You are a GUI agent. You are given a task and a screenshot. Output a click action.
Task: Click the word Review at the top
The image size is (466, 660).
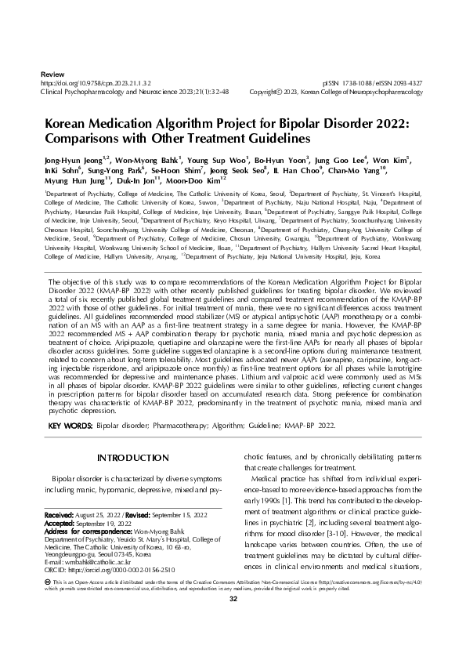(x=51, y=72)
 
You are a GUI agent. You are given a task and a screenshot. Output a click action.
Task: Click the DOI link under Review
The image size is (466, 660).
(x=95, y=82)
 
